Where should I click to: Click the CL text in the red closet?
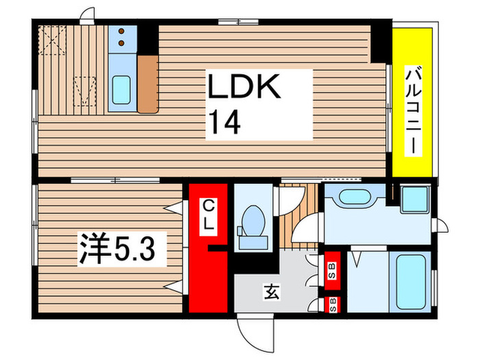(x=208, y=214)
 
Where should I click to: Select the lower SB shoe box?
(x=333, y=304)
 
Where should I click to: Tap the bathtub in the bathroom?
(x=408, y=280)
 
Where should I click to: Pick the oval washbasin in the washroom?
(x=355, y=197)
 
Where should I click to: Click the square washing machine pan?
(x=414, y=200)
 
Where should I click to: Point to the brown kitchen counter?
(x=147, y=84)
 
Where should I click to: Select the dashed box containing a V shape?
(x=85, y=91)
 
